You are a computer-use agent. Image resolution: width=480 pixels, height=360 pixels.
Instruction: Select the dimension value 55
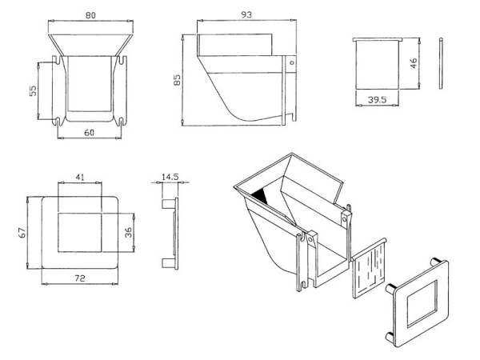[33, 91]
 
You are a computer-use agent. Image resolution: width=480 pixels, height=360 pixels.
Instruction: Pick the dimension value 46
[413, 63]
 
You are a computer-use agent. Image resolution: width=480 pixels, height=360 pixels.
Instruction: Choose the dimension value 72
[81, 277]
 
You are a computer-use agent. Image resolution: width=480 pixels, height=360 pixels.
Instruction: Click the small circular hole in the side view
[292, 62]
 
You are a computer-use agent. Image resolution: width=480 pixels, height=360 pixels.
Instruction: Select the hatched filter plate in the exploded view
[369, 268]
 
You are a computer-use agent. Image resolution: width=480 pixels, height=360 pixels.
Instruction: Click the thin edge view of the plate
[441, 63]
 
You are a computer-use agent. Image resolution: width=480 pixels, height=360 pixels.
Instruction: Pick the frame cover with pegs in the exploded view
[422, 304]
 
